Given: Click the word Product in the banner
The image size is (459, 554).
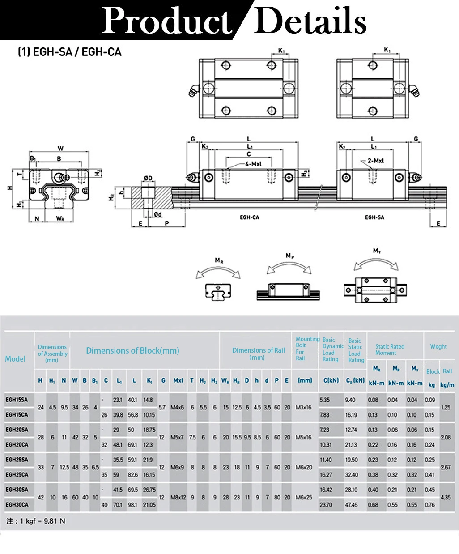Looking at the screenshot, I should (x=166, y=21).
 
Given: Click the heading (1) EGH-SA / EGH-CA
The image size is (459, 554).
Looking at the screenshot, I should (x=69, y=52).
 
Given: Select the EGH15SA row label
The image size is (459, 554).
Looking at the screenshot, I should (x=17, y=400).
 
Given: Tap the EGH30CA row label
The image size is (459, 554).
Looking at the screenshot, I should (x=17, y=504).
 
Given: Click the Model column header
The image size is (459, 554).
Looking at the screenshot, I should (x=15, y=358).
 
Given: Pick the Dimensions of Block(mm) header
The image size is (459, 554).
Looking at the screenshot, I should (x=132, y=350).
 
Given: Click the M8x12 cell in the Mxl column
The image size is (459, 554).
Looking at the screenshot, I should (x=178, y=497).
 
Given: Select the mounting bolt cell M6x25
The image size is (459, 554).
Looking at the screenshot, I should (x=304, y=497).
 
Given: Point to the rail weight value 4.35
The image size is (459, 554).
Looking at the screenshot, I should (x=446, y=497).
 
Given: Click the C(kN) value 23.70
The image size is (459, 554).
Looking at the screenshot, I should (x=326, y=505).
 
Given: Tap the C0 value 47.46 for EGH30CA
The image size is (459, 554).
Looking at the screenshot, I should (x=351, y=505).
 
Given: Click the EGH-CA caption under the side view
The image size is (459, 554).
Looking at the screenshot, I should (x=249, y=217).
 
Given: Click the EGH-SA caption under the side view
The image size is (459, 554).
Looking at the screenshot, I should (x=374, y=217).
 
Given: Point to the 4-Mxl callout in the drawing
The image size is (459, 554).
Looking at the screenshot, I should (x=253, y=164).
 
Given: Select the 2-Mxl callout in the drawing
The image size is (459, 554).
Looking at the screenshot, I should (x=376, y=161).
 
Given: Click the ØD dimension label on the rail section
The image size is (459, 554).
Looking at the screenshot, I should (x=148, y=178).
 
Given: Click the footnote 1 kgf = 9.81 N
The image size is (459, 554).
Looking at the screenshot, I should (x=36, y=521).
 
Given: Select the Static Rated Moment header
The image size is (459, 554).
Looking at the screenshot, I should (x=390, y=349).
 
